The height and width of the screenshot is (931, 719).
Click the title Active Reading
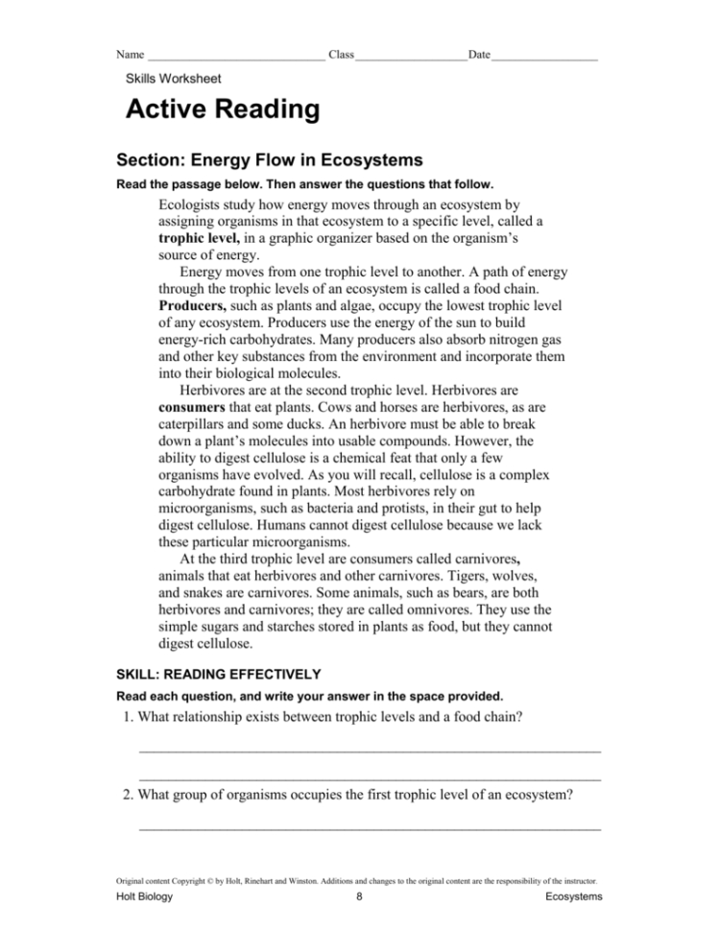click(x=223, y=109)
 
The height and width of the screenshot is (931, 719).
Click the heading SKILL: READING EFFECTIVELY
click(x=218, y=673)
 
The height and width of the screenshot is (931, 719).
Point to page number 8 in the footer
click(x=358, y=896)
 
